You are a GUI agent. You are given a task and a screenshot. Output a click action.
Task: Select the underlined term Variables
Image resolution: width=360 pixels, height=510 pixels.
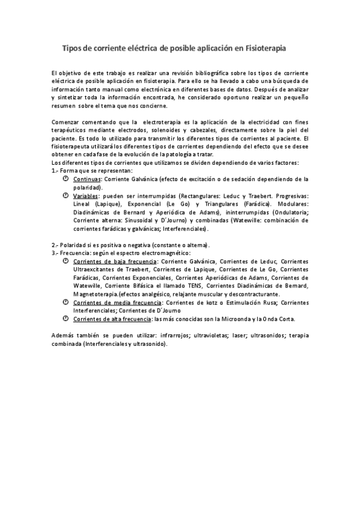(x=86, y=196)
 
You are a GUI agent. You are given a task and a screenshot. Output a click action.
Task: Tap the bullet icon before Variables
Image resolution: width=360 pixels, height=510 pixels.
(x=66, y=196)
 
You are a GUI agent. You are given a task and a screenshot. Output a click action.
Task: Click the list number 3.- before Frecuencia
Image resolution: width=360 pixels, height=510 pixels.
(x=55, y=253)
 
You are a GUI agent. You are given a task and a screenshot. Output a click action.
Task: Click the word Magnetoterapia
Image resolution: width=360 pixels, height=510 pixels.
(x=96, y=295)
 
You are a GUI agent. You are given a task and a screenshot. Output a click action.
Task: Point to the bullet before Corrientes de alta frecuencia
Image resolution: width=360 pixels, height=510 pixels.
(x=66, y=319)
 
